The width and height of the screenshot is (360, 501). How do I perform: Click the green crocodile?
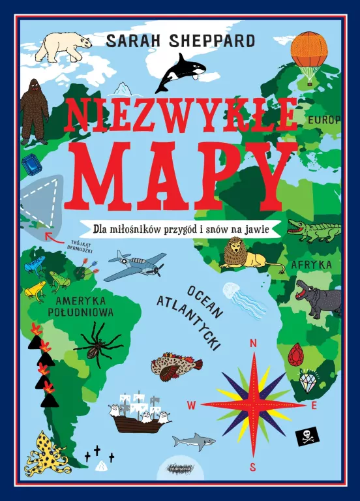tap(314, 230)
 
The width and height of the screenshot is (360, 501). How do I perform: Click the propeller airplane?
tap(134, 265)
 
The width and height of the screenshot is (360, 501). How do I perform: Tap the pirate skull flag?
tap(308, 436)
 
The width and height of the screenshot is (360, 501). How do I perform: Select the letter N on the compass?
tap(254, 344)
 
